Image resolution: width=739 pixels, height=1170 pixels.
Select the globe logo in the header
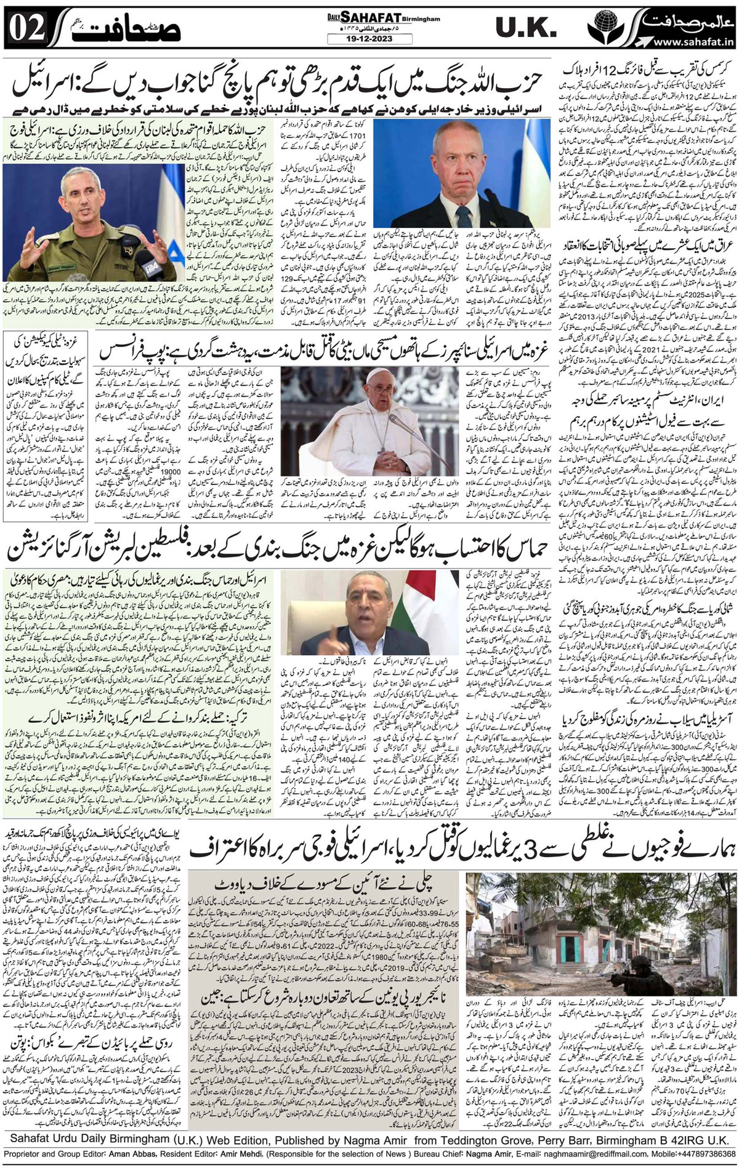[x=600, y=28]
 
